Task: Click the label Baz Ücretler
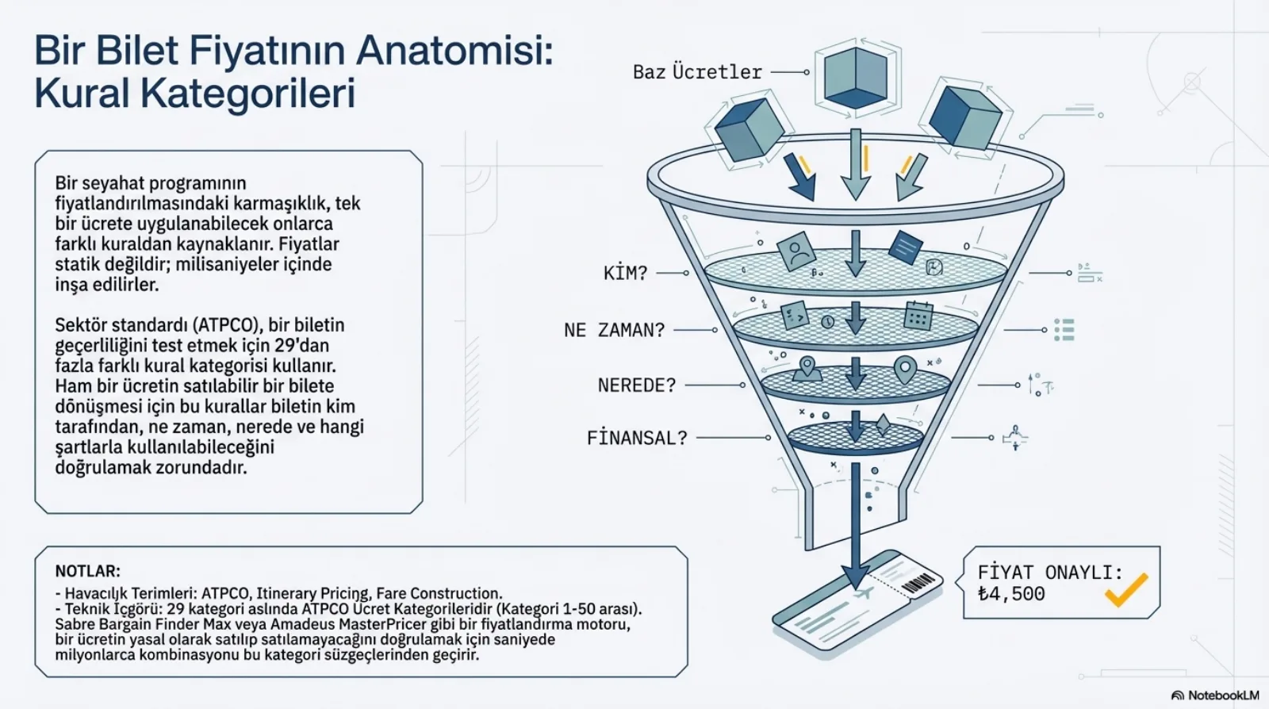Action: click(697, 72)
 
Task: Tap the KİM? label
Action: click(626, 273)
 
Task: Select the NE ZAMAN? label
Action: click(614, 330)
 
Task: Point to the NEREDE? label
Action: click(637, 385)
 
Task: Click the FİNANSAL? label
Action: click(637, 438)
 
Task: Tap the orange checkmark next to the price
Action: click(1126, 589)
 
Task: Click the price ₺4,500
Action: click(1011, 593)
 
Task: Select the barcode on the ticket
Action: click(917, 583)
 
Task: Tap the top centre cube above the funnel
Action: click(856, 79)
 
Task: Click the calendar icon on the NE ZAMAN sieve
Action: click(918, 316)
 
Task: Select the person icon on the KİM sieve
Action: click(796, 251)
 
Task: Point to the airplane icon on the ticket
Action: click(865, 593)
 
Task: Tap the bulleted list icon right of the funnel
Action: click(1064, 330)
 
